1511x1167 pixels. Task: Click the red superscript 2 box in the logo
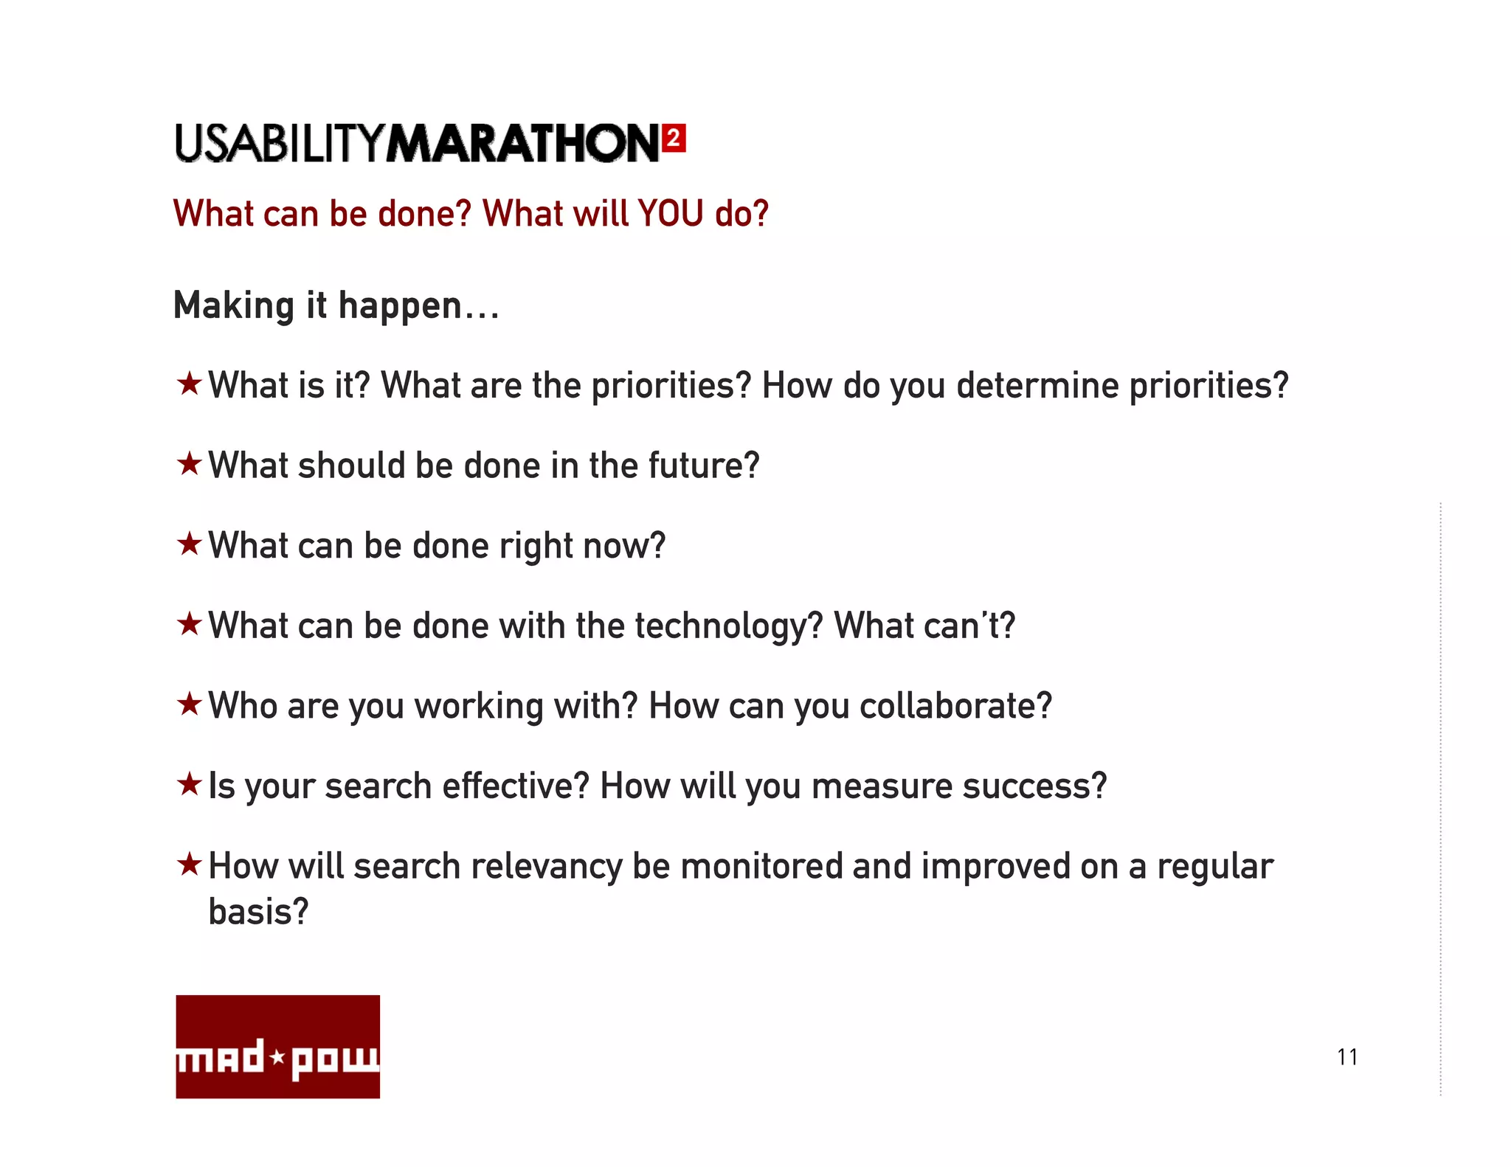[x=674, y=138]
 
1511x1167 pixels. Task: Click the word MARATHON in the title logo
[x=523, y=143]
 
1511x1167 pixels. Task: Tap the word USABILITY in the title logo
[x=280, y=143]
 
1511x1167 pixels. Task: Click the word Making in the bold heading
[x=234, y=305]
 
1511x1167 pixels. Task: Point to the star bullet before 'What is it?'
[x=190, y=384]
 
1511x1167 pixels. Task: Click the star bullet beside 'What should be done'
[x=190, y=464]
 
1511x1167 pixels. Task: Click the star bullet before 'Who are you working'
[x=190, y=704]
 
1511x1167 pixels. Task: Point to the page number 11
[x=1347, y=1057]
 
